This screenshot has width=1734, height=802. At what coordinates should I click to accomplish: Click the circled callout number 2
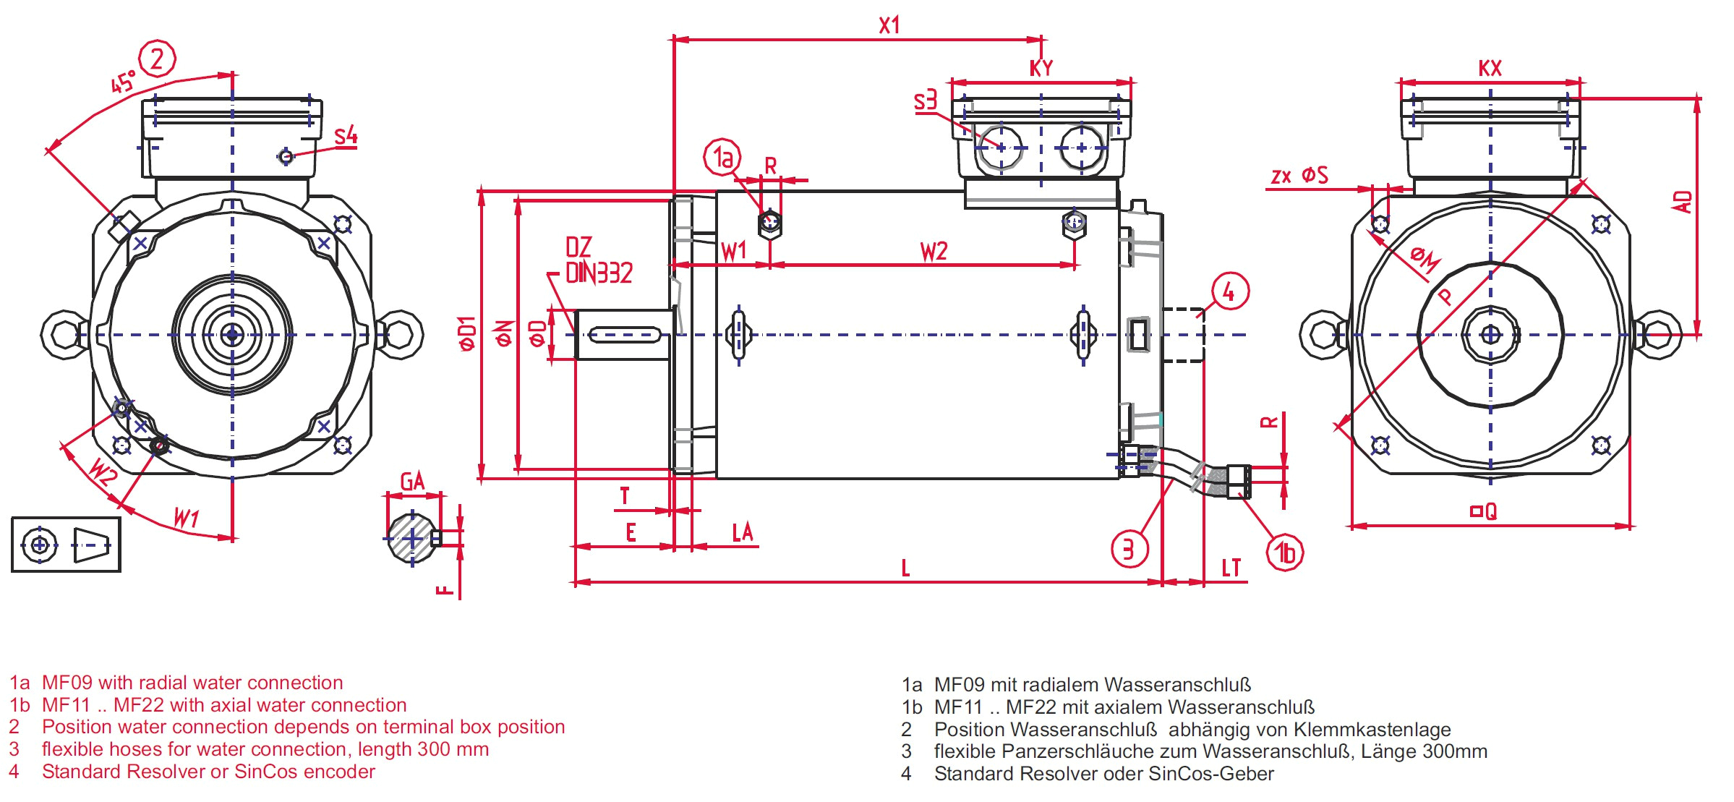click(157, 59)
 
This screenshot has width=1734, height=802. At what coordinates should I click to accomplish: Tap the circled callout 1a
click(722, 157)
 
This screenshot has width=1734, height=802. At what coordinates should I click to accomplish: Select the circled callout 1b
click(1285, 553)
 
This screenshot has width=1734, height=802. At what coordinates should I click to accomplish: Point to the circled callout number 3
click(1129, 549)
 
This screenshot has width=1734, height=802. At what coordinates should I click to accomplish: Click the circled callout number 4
click(1230, 291)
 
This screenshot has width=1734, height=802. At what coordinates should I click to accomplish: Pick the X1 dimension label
click(889, 25)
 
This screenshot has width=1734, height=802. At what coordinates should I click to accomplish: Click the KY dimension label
click(1041, 68)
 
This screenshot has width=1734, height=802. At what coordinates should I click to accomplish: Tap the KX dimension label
click(1490, 68)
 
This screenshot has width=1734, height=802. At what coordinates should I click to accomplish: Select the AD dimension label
click(1682, 202)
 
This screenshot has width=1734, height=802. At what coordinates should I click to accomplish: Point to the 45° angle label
click(123, 82)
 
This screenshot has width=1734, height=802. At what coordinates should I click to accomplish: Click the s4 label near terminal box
click(346, 135)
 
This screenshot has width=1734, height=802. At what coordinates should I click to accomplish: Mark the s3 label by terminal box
click(925, 101)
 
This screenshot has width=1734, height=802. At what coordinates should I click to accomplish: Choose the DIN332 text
click(599, 273)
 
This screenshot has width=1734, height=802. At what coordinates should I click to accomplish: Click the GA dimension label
click(412, 481)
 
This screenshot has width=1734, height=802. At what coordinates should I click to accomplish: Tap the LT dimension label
click(1231, 568)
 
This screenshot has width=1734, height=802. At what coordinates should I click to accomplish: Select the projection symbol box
click(66, 545)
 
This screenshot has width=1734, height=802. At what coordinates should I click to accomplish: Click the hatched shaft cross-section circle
click(412, 538)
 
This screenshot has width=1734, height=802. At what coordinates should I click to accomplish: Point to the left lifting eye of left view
click(64, 335)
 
